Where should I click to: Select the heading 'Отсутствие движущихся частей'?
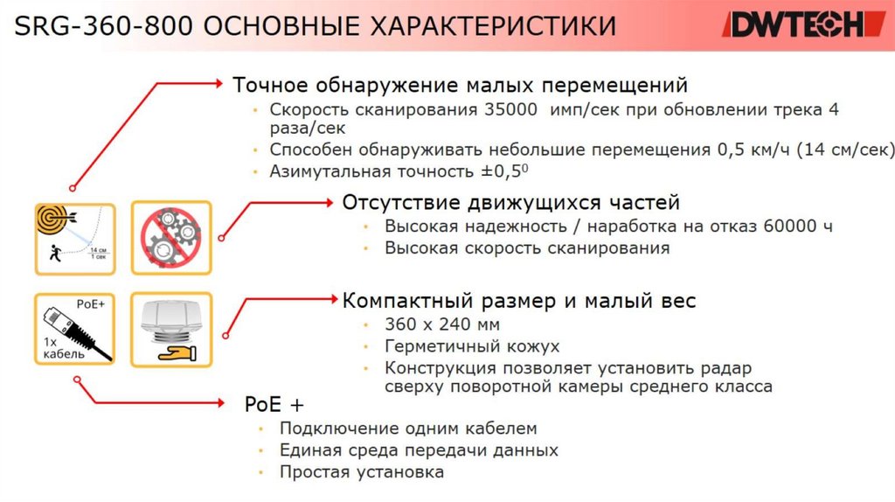(x=510, y=203)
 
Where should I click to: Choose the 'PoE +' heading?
(x=274, y=405)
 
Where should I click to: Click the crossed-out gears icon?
(x=170, y=236)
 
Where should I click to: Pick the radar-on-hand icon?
(x=170, y=328)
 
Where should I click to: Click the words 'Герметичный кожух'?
(x=472, y=346)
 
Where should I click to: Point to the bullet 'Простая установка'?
(x=362, y=472)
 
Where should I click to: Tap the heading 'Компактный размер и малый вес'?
(x=519, y=301)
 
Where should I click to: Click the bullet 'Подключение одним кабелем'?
(x=408, y=429)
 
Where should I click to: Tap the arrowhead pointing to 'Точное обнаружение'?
(x=219, y=84)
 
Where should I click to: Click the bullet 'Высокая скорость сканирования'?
(x=527, y=248)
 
